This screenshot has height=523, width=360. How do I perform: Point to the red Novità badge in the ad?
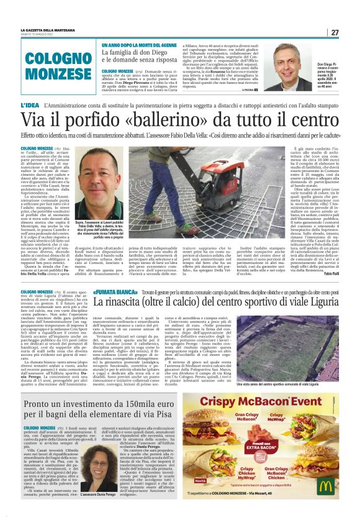tap(200, 481)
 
